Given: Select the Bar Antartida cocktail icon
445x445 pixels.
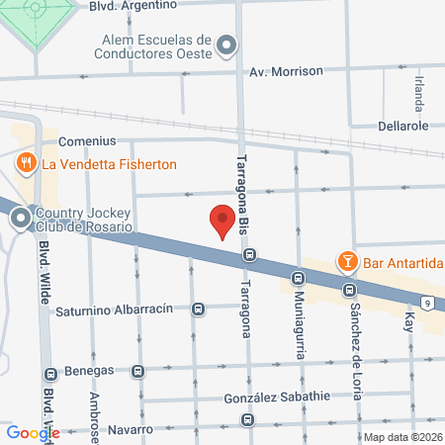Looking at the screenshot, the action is pos(347,262).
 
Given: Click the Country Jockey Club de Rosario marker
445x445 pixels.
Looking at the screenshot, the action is pos(20,220).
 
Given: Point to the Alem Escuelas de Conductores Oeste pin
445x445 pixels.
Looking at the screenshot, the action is pos(227,45).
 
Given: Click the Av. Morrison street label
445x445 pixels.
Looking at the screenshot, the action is pos(286,71).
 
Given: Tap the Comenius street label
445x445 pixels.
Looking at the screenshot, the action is pos(87,141).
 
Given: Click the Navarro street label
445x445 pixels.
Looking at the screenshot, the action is pos(131,430).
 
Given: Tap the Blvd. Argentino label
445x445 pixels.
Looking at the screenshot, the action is pos(146,5).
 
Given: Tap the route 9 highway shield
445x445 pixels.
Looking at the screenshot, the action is pos(426,302).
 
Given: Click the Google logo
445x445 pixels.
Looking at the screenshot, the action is pos(32,432).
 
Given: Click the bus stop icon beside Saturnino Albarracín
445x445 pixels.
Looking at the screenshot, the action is pos(198,310).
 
